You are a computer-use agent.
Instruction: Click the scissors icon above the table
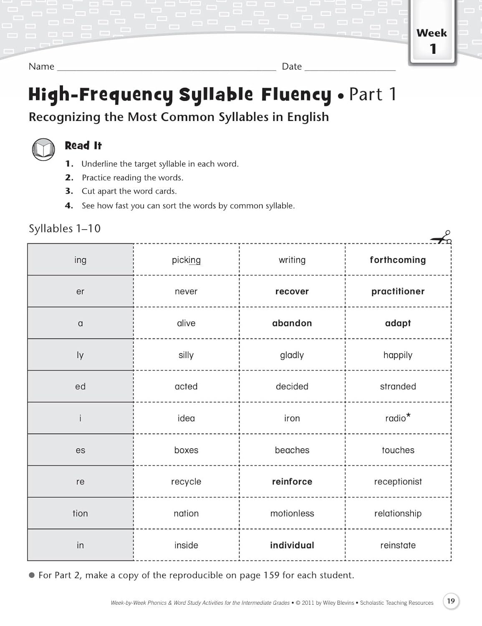(x=442, y=238)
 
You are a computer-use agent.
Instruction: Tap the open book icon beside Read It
(x=43, y=149)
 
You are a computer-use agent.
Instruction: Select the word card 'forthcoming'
(x=398, y=260)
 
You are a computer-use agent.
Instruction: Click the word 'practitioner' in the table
(x=398, y=292)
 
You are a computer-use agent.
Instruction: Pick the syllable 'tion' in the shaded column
(x=80, y=513)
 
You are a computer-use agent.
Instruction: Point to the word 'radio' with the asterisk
(x=396, y=418)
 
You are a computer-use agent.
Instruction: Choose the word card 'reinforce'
(x=292, y=482)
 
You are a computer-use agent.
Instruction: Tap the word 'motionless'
(x=292, y=513)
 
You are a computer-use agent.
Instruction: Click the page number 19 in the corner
(x=451, y=601)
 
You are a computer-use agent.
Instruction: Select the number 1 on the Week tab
(x=433, y=49)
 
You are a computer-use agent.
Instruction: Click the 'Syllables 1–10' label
(x=65, y=229)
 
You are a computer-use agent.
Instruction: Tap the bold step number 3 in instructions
(x=69, y=191)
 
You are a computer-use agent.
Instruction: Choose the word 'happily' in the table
(x=398, y=355)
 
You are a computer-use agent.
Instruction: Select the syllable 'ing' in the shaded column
(x=80, y=260)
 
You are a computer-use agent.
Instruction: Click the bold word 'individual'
(x=292, y=545)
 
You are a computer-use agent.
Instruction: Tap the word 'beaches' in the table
(x=292, y=450)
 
